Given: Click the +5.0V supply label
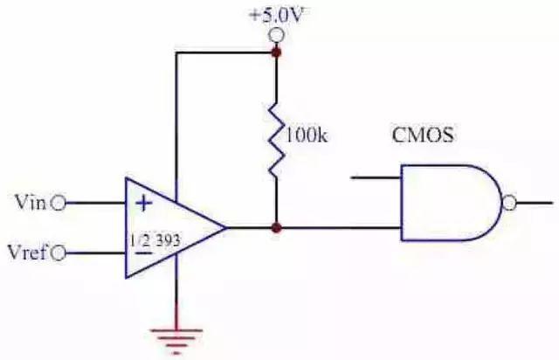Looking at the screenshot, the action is click(279, 16).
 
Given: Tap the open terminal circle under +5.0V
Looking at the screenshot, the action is click(276, 35).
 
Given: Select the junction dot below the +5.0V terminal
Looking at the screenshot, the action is click(276, 52).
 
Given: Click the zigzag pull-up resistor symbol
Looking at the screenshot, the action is click(277, 139).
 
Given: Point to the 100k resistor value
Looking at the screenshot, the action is click(307, 135).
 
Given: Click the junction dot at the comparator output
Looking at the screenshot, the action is click(276, 228).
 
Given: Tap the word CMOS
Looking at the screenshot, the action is click(423, 135).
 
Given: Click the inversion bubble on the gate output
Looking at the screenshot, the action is click(509, 204).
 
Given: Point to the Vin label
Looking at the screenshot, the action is click(31, 203).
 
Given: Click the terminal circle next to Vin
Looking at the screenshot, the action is click(59, 204).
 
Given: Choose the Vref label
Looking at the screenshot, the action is click(27, 253).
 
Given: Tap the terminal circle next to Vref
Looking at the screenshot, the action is click(59, 253).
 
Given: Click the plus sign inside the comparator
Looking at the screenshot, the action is click(144, 204).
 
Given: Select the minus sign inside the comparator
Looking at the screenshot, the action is click(144, 253).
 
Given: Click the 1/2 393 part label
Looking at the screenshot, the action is click(155, 240).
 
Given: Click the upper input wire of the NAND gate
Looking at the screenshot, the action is click(376, 177).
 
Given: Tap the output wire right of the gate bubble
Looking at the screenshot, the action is click(534, 204).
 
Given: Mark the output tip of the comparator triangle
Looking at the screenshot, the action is click(226, 227).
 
